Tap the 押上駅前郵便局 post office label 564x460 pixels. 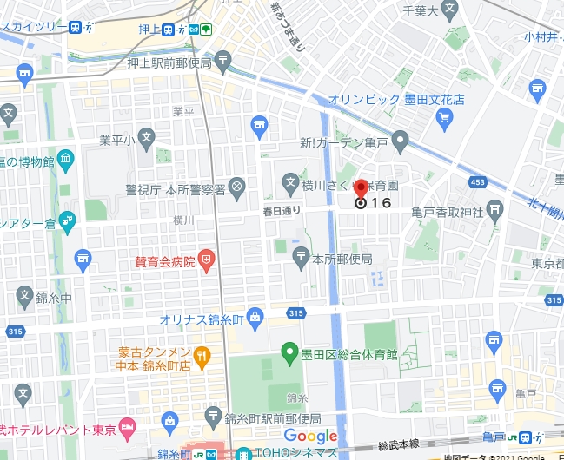(169, 62)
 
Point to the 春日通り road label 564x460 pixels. (282, 210)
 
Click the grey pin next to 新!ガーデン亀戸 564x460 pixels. (400, 139)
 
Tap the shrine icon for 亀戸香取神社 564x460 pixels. (494, 208)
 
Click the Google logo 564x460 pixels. (310, 436)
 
